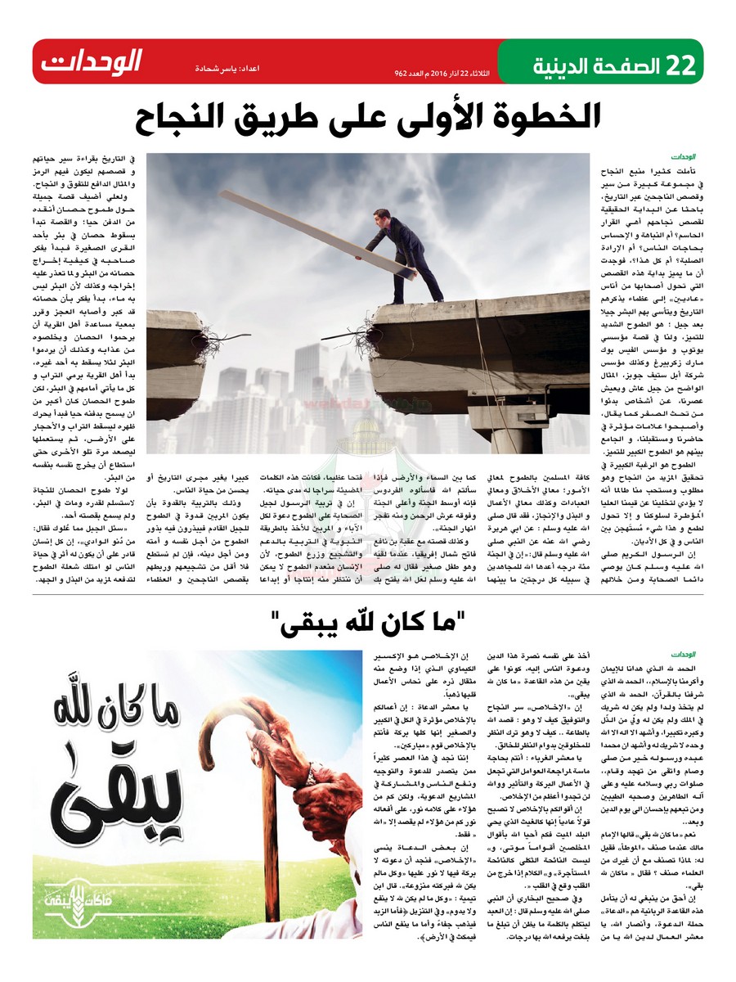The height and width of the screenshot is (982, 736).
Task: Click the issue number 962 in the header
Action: pyautogui.click(x=402, y=72)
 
